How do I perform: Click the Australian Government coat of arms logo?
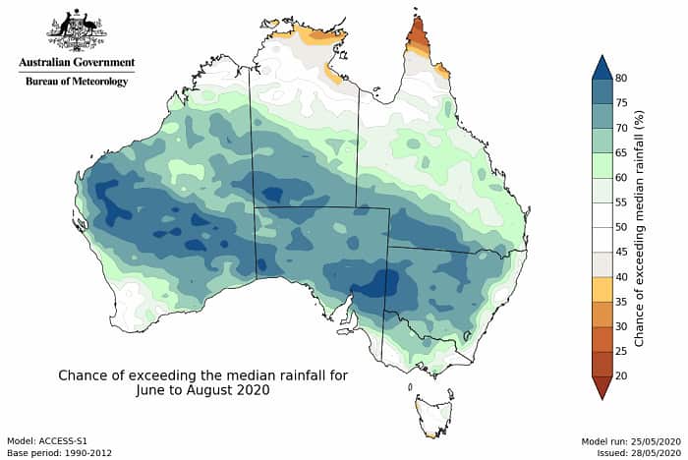(77, 29)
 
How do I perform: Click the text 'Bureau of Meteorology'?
(77, 82)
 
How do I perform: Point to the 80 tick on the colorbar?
(621, 78)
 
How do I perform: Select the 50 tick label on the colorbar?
(621, 227)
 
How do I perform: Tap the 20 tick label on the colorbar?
(621, 375)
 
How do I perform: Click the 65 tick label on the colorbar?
(621, 152)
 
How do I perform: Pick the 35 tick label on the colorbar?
(621, 302)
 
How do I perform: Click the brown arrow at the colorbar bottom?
(601, 387)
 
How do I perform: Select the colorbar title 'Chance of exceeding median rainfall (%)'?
(640, 227)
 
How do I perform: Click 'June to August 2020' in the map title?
(202, 389)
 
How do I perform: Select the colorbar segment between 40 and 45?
(601, 264)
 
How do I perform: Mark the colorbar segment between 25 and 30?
(601, 338)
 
